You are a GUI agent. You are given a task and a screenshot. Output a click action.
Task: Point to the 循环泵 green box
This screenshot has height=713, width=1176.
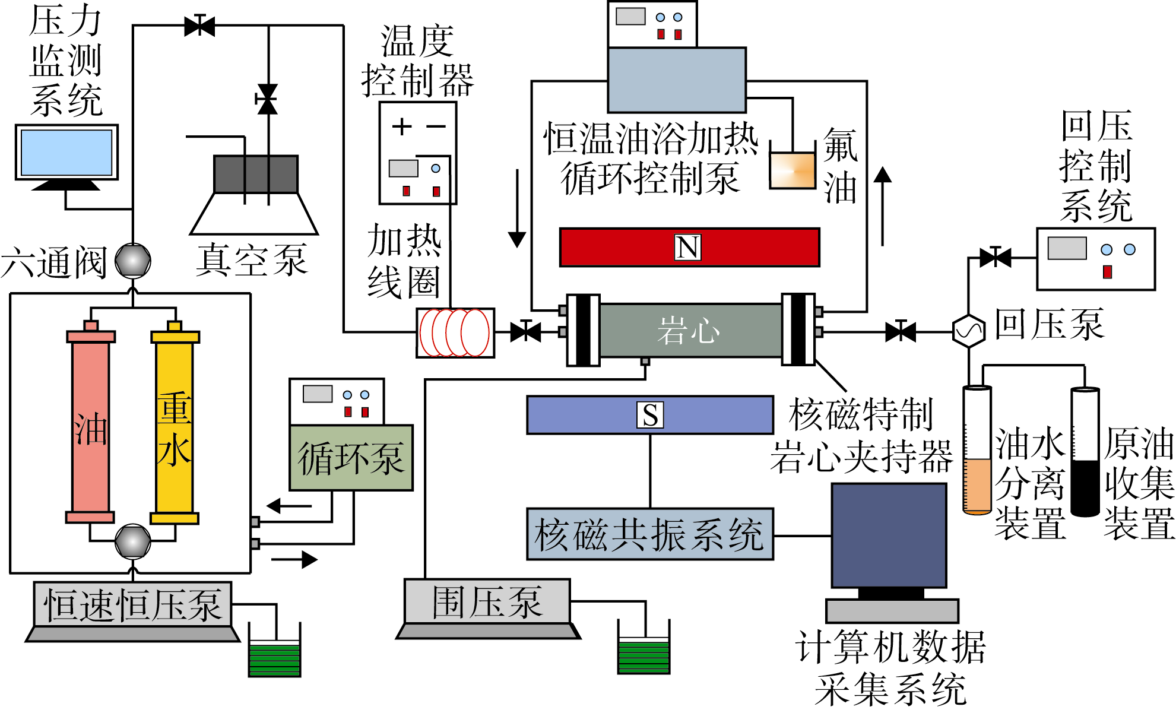click(x=351, y=458)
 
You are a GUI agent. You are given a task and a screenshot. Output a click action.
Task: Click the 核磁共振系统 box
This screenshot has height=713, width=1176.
click(x=650, y=534)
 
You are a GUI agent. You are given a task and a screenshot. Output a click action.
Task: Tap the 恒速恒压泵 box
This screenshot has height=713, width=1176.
click(x=132, y=605)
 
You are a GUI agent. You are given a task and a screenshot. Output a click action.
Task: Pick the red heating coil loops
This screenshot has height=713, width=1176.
click(x=455, y=333)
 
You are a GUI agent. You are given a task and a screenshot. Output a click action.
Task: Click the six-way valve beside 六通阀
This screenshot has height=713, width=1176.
click(x=133, y=261)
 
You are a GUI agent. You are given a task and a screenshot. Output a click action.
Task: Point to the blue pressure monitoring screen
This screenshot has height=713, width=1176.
click(x=66, y=153)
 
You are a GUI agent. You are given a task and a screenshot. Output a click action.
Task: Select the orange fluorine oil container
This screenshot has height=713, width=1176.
click(x=793, y=170)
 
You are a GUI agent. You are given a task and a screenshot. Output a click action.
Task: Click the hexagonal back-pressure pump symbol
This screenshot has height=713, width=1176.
click(x=968, y=331)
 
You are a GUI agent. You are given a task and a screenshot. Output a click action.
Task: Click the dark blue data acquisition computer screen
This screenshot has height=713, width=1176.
click(x=889, y=535)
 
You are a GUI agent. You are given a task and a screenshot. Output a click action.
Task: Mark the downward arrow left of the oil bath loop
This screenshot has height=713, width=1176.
click(x=517, y=208)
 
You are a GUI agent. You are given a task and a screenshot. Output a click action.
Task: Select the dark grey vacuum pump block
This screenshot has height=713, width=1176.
click(x=256, y=174)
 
